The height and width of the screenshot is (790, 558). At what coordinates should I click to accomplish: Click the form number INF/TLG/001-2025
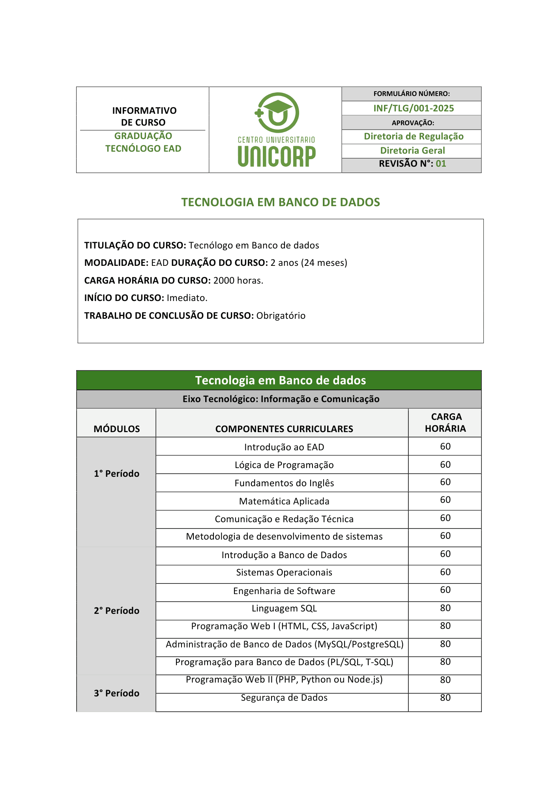(414, 108)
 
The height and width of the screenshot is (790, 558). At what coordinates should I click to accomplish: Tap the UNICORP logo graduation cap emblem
(277, 113)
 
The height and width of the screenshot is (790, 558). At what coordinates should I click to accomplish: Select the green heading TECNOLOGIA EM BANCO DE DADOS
(281, 202)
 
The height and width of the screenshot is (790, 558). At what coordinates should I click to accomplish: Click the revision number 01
(441, 164)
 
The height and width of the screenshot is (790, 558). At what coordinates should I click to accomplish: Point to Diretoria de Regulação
(414, 136)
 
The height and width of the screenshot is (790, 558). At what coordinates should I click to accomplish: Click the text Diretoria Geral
(412, 150)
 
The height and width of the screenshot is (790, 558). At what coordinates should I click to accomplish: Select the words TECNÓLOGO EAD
(143, 149)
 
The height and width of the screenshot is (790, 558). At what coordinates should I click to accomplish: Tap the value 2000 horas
(238, 280)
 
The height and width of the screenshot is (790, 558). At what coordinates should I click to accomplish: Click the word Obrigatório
(281, 316)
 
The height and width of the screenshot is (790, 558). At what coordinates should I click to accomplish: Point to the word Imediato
(187, 298)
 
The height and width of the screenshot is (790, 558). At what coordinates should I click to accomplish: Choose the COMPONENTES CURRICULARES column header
(284, 429)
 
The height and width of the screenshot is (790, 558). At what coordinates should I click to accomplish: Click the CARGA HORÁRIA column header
(446, 423)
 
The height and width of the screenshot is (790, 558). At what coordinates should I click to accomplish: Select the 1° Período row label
(116, 474)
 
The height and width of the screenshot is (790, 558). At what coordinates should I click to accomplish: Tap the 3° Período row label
(116, 693)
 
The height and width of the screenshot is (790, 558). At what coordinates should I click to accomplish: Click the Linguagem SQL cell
(284, 608)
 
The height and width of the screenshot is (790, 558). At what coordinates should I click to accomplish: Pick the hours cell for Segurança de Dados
(445, 698)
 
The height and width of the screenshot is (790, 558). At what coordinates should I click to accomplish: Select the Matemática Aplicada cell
(284, 501)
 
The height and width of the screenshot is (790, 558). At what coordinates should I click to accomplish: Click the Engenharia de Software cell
(284, 591)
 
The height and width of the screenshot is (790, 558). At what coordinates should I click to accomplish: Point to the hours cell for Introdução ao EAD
(445, 446)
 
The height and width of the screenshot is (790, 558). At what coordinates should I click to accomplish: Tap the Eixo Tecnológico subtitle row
(281, 399)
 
